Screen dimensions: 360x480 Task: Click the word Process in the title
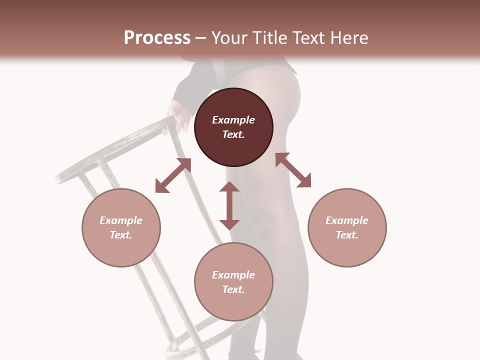coord(157,38)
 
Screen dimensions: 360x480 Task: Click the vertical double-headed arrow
coord(229,205)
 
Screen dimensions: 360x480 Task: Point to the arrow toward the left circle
coord(173,175)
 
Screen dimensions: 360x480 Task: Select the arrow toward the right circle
coord(293,170)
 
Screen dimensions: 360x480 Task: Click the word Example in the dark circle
coord(233,120)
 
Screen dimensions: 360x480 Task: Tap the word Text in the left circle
coord(121,235)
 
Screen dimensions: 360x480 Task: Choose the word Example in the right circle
coord(347,220)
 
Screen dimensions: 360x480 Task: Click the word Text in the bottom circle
coord(233,289)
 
